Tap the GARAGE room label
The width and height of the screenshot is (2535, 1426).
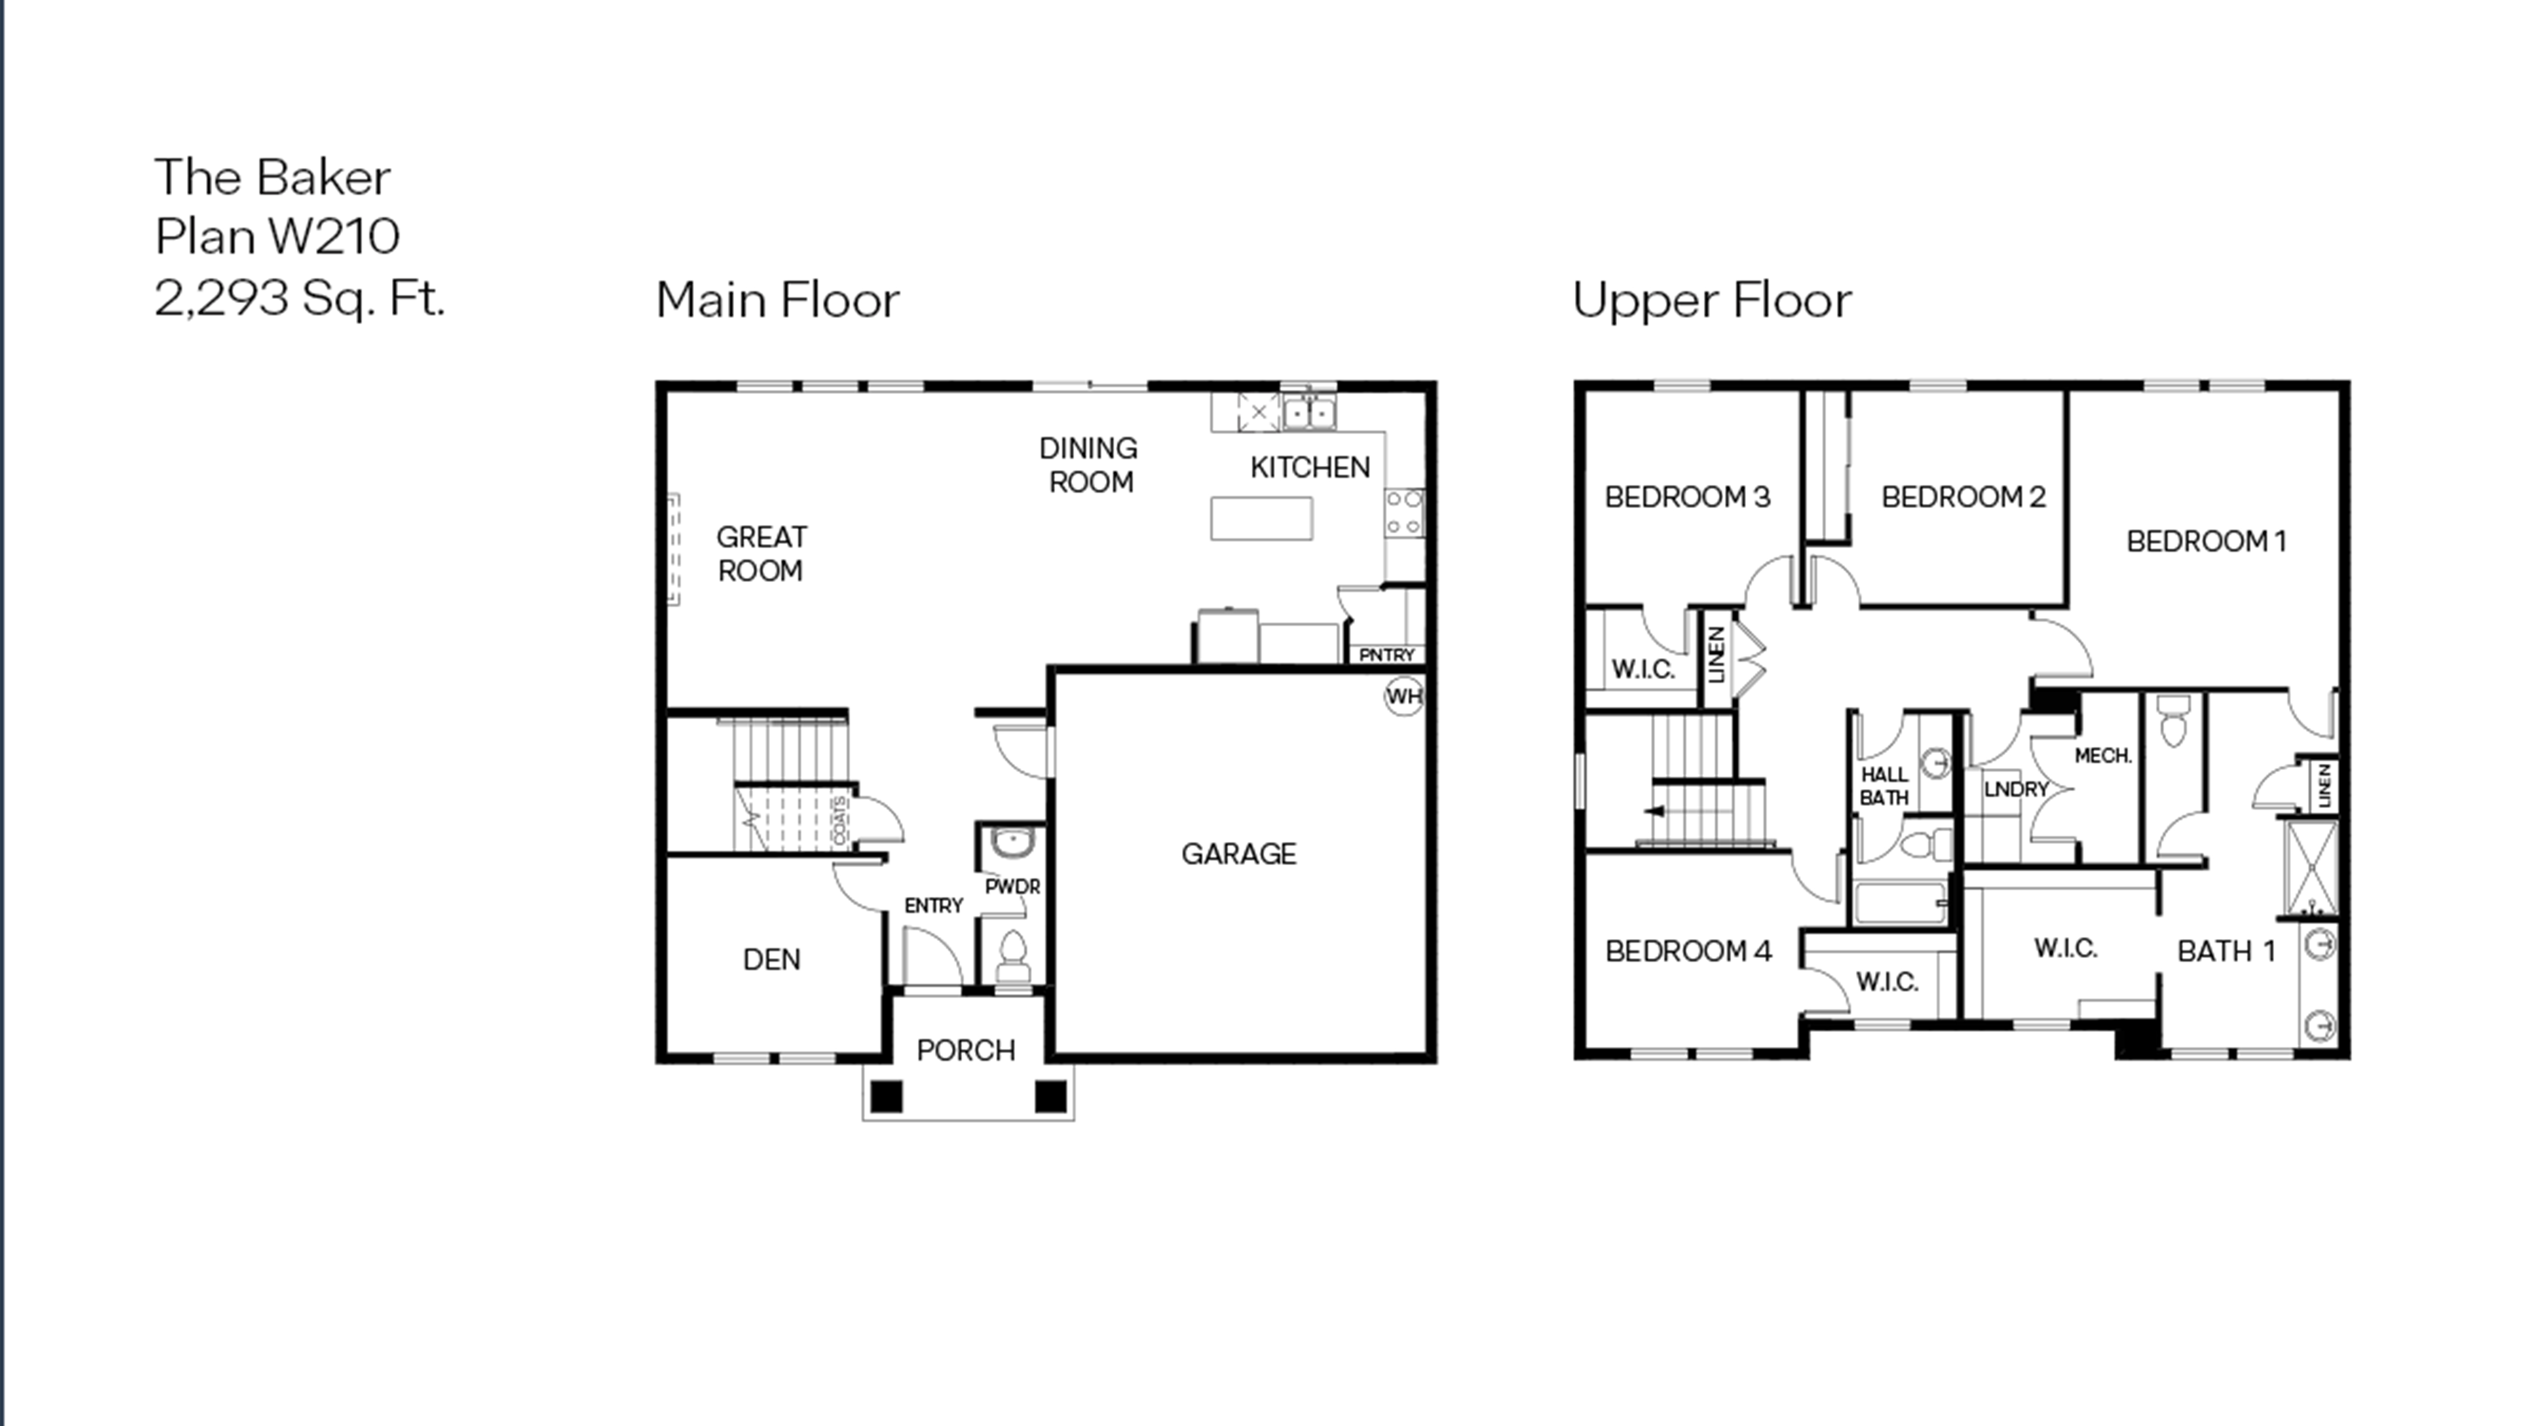tap(1238, 853)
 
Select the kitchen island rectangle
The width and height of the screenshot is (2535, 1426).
tap(1261, 519)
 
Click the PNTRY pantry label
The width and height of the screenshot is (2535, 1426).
tap(1386, 654)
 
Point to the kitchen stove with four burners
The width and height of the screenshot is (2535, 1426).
tap(1404, 513)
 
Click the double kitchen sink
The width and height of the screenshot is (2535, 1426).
tap(1309, 412)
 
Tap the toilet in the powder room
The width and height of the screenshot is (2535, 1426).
tap(1012, 954)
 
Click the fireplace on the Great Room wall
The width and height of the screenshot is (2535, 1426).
tap(674, 549)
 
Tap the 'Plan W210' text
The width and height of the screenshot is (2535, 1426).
tap(277, 236)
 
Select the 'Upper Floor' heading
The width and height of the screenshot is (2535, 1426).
tap(1711, 300)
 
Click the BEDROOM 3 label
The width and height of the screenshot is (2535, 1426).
tap(1687, 497)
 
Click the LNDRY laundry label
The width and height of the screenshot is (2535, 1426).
tap(2015, 789)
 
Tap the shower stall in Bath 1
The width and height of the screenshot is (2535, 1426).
tap(2311, 868)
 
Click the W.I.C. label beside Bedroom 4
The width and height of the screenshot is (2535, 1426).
tap(1886, 981)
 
